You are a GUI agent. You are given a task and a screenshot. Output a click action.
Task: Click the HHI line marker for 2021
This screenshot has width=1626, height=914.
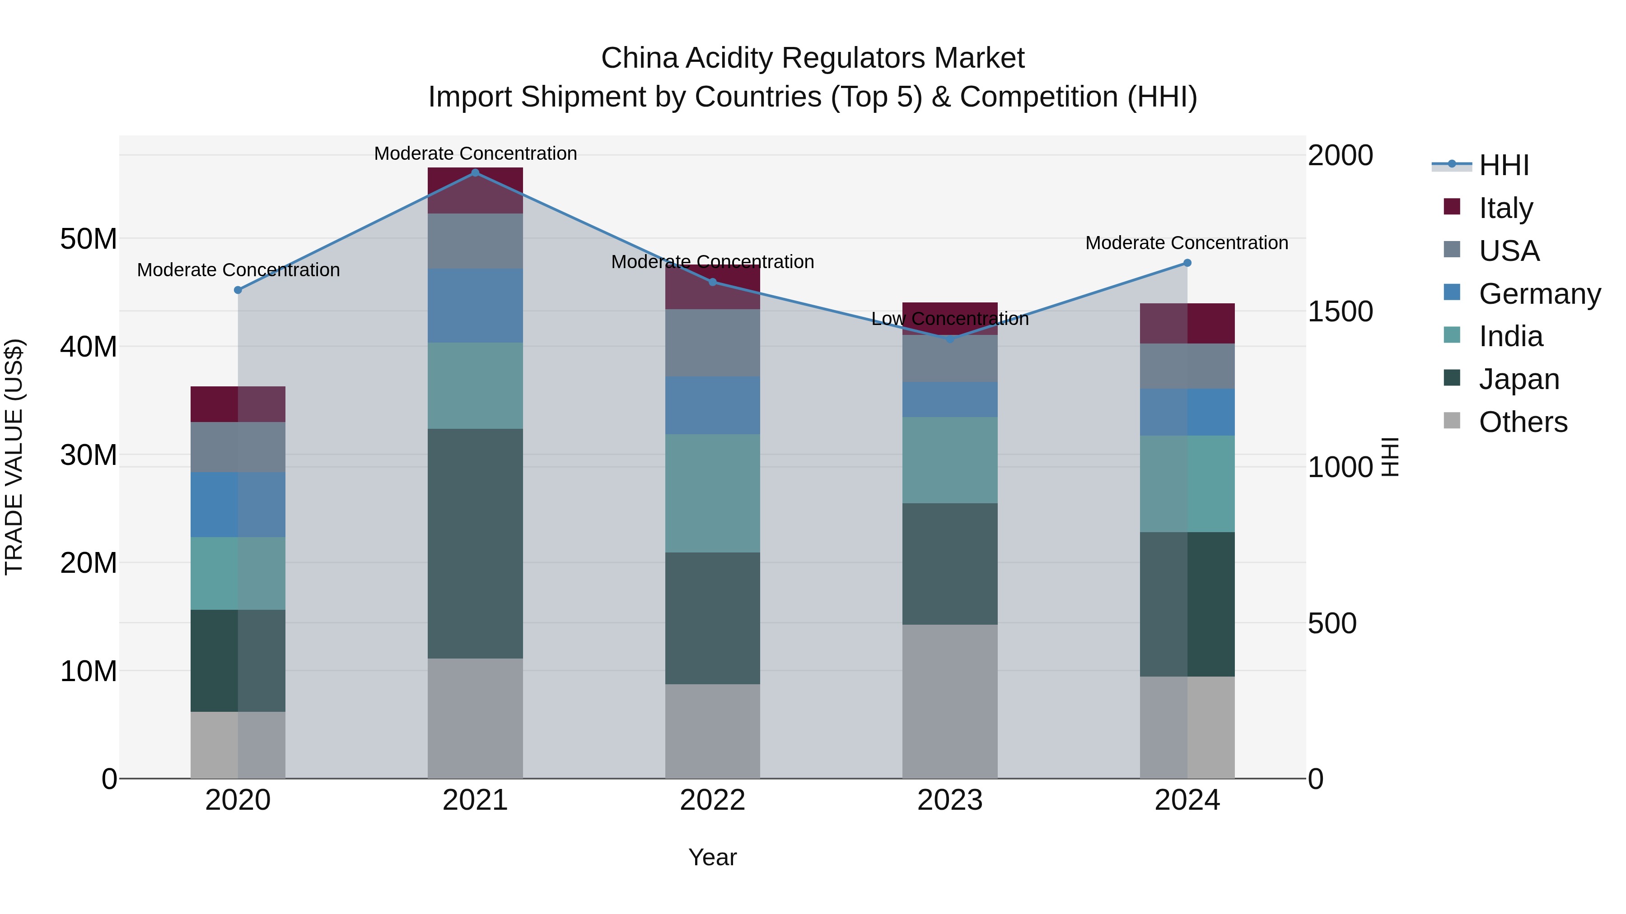click(x=475, y=173)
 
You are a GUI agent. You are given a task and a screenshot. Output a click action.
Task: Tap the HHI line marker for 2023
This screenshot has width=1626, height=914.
click(x=950, y=339)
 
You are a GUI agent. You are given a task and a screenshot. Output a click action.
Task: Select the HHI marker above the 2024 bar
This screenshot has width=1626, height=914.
click(x=1187, y=263)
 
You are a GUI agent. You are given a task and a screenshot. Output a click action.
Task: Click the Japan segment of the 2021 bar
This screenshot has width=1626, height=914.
click(x=475, y=544)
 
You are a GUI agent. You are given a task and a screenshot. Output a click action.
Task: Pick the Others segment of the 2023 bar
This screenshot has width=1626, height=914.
click(x=950, y=701)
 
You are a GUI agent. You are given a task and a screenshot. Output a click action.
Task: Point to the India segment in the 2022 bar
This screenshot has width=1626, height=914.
click(x=713, y=493)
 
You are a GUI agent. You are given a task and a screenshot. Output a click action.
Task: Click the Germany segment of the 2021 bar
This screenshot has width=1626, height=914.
click(x=475, y=306)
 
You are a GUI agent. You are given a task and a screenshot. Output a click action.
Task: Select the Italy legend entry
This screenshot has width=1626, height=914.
click(x=1505, y=208)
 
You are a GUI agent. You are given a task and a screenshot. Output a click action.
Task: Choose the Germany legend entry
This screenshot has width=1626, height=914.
click(x=1539, y=294)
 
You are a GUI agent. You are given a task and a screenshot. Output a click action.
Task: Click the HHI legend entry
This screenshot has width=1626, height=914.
click(x=1504, y=165)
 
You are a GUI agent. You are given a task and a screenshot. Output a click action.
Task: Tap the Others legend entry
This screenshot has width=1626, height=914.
click(x=1523, y=422)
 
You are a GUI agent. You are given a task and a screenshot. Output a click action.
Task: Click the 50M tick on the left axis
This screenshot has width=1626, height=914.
click(x=89, y=239)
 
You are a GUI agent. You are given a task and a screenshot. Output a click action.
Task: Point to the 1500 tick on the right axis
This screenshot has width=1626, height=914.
click(x=1340, y=311)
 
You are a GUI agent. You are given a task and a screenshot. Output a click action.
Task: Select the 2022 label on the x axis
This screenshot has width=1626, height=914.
click(x=713, y=800)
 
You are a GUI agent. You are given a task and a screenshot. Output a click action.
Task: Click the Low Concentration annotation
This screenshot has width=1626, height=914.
click(x=950, y=319)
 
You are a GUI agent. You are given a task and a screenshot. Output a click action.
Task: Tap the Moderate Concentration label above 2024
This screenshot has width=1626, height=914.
click(x=1187, y=243)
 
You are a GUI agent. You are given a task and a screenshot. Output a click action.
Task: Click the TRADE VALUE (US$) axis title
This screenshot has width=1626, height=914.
click(x=14, y=457)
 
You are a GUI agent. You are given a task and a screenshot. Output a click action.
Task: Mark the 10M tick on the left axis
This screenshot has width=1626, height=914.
click(x=89, y=671)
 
